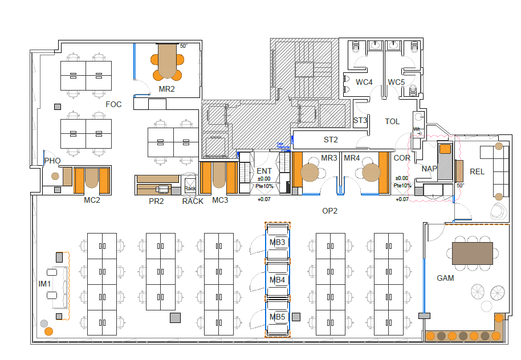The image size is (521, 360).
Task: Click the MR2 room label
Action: (166, 89)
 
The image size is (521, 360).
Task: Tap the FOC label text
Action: (113, 104)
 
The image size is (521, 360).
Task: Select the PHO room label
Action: (52, 161)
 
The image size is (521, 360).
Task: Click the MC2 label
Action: (92, 200)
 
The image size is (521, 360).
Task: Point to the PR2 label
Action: (156, 201)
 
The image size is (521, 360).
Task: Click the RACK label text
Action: (193, 201)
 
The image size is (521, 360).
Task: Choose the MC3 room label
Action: (220, 200)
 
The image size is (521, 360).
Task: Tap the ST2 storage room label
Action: (331, 140)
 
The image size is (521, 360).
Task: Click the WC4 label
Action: (364, 82)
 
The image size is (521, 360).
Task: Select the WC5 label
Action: (396, 82)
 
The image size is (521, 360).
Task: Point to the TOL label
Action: (392, 121)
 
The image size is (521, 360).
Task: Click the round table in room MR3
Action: (311, 171)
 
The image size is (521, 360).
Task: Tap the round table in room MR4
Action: (371, 171)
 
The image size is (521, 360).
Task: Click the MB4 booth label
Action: (278, 280)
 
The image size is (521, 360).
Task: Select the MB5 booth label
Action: (278, 317)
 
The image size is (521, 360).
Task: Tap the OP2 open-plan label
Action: (330, 211)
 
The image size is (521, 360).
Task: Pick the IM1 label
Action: (45, 284)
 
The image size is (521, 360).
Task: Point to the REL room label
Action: (477, 171)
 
